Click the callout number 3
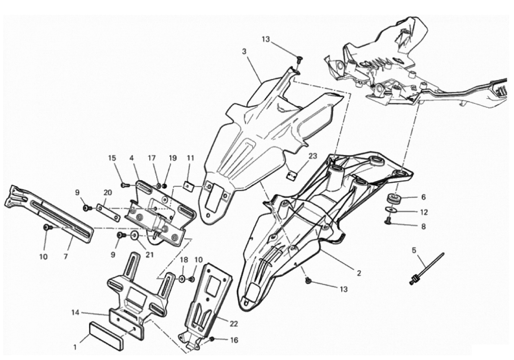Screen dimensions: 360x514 pyautogui.click(x=244, y=51)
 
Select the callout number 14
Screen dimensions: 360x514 pyautogui.click(x=75, y=312)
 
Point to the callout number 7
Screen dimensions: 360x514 pyautogui.click(x=65, y=257)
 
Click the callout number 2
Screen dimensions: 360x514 pyautogui.click(x=359, y=274)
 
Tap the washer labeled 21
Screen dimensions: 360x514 pyautogui.click(x=134, y=236)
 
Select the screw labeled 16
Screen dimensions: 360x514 pyautogui.click(x=212, y=339)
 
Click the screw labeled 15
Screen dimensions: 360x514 pyautogui.click(x=124, y=185)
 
